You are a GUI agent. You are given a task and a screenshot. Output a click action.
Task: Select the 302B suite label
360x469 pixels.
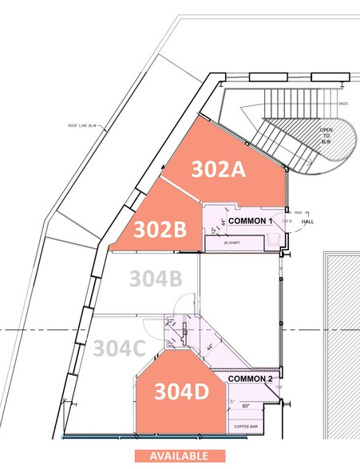click(x=160, y=230)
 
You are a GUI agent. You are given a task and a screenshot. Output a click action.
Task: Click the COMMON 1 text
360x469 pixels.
click(x=251, y=219)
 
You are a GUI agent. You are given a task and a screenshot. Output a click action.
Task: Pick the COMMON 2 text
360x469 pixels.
click(x=251, y=378)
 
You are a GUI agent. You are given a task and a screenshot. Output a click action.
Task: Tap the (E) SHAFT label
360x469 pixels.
click(x=233, y=242)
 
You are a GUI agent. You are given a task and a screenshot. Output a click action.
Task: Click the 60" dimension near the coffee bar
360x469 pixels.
click(x=247, y=406)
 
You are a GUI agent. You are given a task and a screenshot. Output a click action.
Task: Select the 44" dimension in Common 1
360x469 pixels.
click(x=222, y=223)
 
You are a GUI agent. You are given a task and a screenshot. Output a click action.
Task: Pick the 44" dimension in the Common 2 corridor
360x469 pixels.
click(x=208, y=348)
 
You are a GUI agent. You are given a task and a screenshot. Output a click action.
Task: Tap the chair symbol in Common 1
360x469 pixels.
click(x=274, y=237)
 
